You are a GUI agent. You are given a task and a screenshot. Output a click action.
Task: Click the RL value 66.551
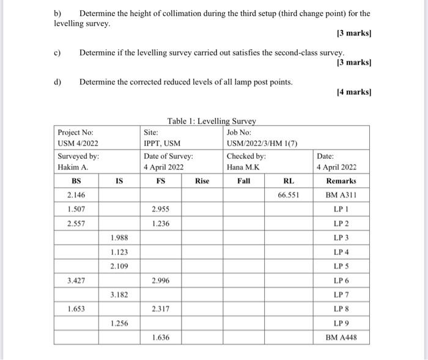tap(286, 195)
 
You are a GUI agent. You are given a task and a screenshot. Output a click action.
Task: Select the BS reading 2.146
tap(76, 195)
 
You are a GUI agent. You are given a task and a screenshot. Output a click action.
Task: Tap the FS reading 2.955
tap(161, 209)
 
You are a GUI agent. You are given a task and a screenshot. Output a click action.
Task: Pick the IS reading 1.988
tap(119, 237)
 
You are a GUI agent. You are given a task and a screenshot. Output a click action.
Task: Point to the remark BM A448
tap(341, 337)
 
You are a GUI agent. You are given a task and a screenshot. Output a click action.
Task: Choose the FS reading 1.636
tap(161, 337)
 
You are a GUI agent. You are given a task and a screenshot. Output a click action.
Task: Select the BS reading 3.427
tap(76, 281)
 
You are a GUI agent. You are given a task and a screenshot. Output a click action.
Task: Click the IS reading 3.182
tap(119, 295)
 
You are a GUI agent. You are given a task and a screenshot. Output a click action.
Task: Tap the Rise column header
tap(202, 181)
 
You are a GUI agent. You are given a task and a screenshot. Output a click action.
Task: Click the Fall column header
tap(243, 181)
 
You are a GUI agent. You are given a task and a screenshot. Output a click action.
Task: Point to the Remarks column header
tap(341, 181)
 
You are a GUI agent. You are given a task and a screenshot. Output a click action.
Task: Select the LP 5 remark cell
tap(341, 266)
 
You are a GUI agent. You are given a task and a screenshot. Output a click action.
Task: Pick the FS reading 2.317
tap(161, 309)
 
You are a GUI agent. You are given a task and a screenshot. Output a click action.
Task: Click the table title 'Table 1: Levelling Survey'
tap(212, 121)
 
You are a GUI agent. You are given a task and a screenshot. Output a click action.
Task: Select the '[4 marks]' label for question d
tap(354, 93)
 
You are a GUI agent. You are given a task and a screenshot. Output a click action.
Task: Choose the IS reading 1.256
tap(119, 323)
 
